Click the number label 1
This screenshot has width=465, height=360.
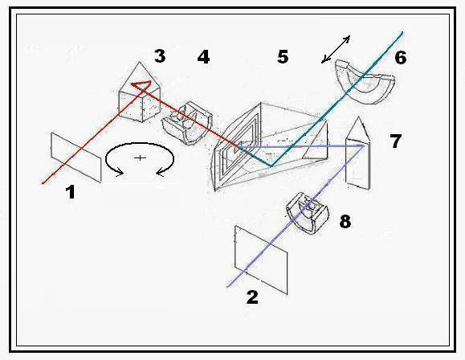71,192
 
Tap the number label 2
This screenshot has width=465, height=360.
252,297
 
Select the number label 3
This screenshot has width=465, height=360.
160,55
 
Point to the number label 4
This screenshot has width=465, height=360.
203,57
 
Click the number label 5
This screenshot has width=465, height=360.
283,56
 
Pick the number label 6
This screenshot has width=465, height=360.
401,57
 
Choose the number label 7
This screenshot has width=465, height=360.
396,141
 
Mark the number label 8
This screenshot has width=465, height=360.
345,222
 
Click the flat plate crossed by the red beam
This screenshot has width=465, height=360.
76,157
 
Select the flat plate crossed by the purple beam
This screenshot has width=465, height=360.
261,260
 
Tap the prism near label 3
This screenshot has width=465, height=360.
140,92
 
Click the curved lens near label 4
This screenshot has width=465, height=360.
187,123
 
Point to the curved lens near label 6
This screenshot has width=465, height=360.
365,82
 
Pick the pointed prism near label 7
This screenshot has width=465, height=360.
358,153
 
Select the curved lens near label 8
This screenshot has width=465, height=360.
308,214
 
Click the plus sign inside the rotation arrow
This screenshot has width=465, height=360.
140,157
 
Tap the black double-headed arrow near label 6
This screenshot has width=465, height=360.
336,49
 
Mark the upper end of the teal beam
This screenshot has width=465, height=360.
402,32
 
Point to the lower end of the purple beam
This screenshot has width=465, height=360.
227,287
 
